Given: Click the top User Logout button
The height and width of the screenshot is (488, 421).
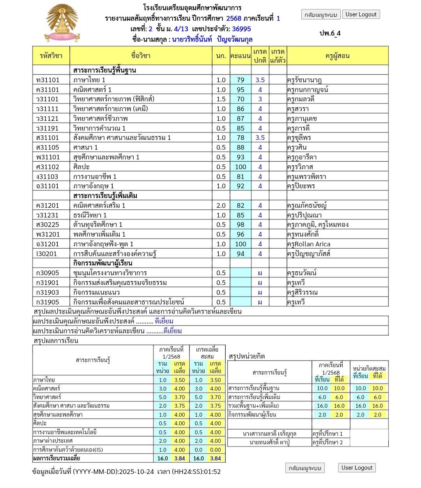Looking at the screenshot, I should point(361,14).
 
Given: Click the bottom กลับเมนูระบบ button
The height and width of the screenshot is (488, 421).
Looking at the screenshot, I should point(304,468).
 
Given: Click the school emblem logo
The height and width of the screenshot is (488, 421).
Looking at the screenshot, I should point(62,24).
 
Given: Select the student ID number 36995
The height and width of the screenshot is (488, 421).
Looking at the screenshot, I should point(241,29).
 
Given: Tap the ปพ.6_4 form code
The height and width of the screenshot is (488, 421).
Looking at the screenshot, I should point(330,33).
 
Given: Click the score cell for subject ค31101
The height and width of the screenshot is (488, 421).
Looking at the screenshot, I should point(241,90).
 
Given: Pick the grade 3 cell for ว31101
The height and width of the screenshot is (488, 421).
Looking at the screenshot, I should point(260,99).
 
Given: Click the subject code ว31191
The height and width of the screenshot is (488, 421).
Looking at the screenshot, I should point(47,128).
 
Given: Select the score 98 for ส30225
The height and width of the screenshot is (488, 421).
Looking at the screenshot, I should point(241,225).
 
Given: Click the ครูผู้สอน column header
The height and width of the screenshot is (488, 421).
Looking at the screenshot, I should point(337,56).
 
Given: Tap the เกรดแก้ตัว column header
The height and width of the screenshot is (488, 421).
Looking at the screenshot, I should point(278,56).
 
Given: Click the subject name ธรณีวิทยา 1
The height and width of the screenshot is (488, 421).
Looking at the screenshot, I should point(90,215).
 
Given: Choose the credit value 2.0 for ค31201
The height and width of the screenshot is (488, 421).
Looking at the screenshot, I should point(221,205).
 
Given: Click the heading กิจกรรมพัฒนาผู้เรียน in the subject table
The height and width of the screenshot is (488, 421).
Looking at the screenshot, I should point(103,263).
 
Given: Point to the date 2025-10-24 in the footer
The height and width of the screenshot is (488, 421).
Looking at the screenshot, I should point(136,472).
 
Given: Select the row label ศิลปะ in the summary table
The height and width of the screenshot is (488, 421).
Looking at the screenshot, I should point(40,423).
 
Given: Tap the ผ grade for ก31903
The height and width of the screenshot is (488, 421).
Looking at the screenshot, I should point(260,292).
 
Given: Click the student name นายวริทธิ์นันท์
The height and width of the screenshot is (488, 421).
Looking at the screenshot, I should point(192,39).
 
